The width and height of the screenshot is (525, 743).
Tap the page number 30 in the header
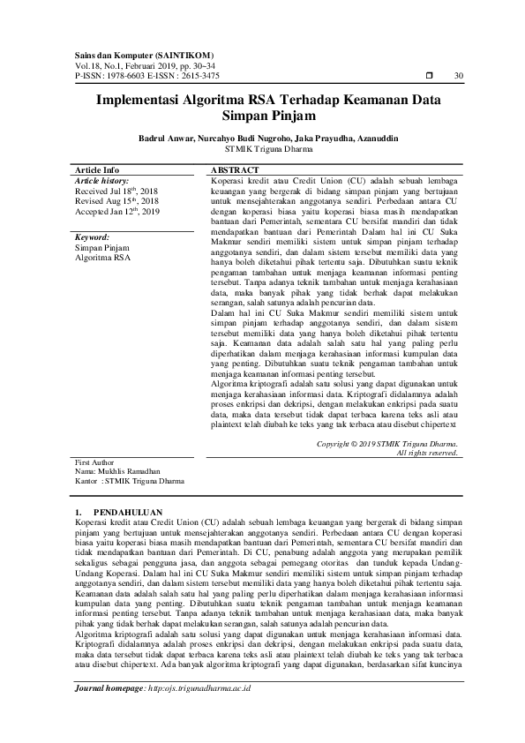tap(458, 76)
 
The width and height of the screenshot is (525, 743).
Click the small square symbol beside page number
tap(429, 76)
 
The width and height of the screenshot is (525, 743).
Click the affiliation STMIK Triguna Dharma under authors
tap(263, 149)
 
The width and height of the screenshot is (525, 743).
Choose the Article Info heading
tap(97, 169)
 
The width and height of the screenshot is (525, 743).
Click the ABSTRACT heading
tap(234, 169)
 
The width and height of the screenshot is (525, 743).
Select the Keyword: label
tap(92, 237)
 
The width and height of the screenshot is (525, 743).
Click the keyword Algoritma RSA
tap(102, 259)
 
